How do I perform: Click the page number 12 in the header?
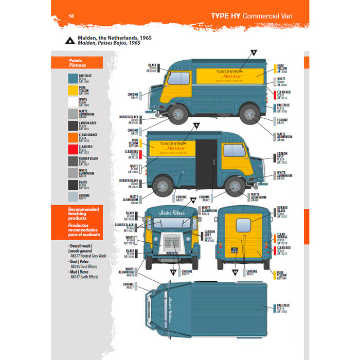[x=71, y=16]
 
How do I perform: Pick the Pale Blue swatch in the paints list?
[x=73, y=79]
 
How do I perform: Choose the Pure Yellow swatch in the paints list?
[x=73, y=91]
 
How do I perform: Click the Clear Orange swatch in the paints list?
[x=73, y=138]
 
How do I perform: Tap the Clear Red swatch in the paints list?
[x=73, y=150]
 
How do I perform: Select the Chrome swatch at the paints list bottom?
[x=73, y=197]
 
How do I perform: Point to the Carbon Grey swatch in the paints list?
[x=73, y=126]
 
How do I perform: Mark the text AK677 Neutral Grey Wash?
[x=88, y=255]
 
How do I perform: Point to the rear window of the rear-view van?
[x=243, y=225]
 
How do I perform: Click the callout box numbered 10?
[x=193, y=199]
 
